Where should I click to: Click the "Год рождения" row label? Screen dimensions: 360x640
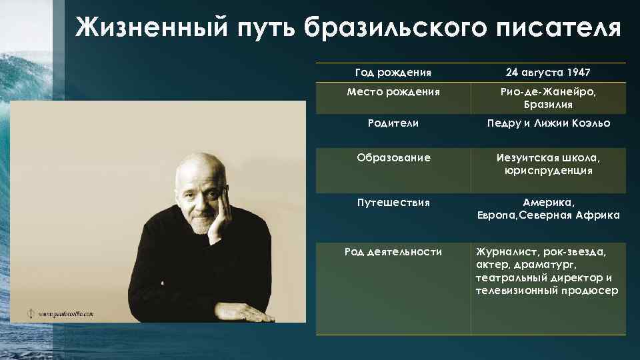pos(393,72)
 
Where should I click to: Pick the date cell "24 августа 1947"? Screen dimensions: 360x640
pos(549,72)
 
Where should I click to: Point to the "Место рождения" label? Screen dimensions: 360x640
pos(393,92)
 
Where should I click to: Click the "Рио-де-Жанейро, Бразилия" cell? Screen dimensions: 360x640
pos(549,98)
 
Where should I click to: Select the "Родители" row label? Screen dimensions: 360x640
pos(393,123)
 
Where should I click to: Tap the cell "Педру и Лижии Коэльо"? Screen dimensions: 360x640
pos(549,123)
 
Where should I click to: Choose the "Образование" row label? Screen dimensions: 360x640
pos(393,158)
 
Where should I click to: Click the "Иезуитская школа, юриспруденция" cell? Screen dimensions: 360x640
pos(549,164)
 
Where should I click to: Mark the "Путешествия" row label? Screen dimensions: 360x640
pos(393,202)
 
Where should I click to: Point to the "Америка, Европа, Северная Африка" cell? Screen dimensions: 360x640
pos(549,208)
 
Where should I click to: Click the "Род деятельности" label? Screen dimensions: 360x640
pos(393,251)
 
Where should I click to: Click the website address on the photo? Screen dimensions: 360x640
pos(66,313)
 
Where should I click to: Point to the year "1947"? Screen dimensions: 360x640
pos(578,72)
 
